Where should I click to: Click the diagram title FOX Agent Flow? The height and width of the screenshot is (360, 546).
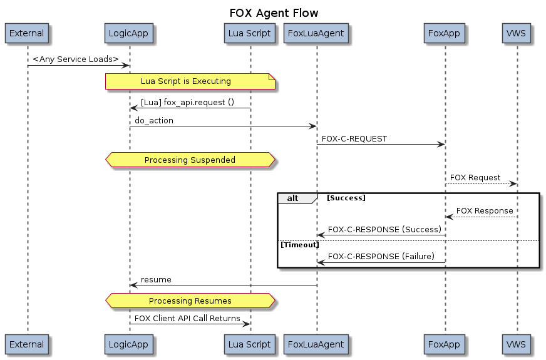274,13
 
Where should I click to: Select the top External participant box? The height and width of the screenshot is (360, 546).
27,34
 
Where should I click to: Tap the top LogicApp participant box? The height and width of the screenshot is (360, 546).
129,34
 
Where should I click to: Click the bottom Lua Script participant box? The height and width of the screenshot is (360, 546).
250,344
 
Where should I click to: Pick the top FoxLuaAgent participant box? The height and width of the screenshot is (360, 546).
316,34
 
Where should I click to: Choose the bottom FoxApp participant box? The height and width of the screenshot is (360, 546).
445,344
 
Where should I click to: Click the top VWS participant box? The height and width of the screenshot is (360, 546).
517,34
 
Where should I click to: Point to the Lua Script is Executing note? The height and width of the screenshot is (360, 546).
190,81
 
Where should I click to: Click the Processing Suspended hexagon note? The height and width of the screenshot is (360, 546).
190,160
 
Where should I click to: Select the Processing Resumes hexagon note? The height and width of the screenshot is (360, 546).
190,301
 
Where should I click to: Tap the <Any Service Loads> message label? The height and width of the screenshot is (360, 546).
76,59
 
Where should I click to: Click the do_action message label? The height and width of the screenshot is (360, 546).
154,120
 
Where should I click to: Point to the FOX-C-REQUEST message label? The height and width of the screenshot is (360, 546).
354,138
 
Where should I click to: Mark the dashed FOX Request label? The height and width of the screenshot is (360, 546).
475,178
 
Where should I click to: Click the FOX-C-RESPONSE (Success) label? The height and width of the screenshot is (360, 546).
384,230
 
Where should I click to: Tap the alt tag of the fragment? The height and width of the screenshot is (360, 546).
292,198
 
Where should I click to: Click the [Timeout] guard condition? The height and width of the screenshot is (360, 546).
299,245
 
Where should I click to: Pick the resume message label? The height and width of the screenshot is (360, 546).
156,279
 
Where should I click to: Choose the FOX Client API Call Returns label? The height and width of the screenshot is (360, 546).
187,319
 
